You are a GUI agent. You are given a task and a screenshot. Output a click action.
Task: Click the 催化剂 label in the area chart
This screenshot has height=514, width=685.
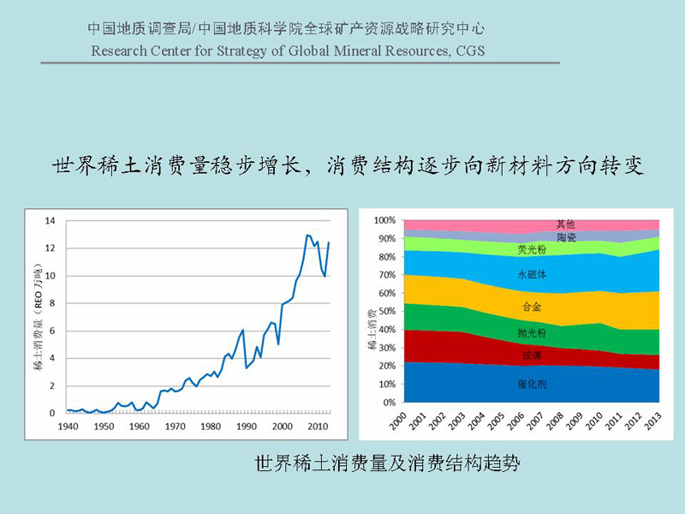[x=532, y=384]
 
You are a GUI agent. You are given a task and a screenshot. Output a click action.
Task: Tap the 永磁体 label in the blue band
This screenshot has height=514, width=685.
[x=532, y=274]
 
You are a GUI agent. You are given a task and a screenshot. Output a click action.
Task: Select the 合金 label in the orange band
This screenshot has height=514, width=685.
[x=532, y=307]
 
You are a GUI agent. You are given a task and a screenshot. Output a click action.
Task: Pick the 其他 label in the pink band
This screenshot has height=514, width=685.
[x=565, y=224]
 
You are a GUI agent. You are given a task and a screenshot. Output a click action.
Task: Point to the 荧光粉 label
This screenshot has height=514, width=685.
[x=532, y=249]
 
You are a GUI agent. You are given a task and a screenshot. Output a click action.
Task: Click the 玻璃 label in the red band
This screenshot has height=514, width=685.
[x=532, y=356]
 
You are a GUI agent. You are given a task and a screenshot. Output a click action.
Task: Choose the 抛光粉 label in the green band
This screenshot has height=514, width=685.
[x=532, y=333]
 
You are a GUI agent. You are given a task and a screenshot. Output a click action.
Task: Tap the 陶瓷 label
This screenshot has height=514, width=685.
[x=566, y=237]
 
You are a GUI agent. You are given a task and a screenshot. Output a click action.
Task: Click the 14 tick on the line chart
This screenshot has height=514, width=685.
[x=51, y=221]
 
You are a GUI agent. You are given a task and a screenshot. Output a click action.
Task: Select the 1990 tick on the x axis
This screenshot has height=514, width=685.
[x=247, y=426]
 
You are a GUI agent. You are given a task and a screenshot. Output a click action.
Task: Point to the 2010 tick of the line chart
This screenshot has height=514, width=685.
[x=318, y=426]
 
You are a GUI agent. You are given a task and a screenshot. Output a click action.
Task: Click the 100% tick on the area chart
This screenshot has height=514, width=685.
[x=384, y=220]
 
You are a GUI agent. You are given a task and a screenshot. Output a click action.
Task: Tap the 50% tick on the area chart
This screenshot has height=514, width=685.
[x=387, y=311]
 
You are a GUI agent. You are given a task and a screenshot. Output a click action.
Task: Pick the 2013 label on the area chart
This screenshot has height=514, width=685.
[x=652, y=421]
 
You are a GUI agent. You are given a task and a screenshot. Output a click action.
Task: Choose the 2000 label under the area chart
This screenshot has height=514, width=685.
[x=397, y=421]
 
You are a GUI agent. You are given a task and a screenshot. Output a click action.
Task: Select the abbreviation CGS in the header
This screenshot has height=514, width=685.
[x=470, y=51]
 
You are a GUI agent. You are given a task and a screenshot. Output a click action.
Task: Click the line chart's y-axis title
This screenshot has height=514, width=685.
[x=39, y=316]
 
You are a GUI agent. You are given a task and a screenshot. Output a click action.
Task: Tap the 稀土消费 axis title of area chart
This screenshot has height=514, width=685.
[x=372, y=329]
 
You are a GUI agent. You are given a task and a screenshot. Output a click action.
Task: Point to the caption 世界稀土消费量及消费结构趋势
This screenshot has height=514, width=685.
[x=387, y=463]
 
